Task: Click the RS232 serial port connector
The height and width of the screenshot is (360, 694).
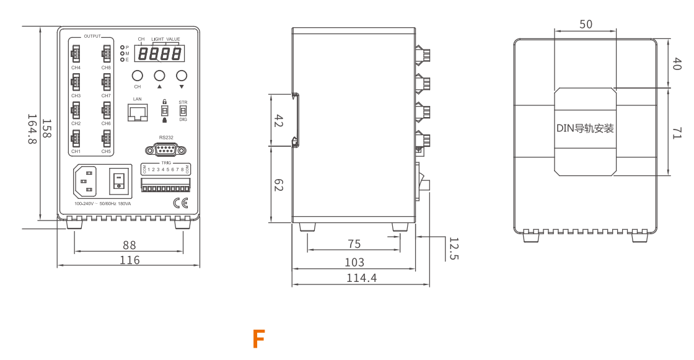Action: (x=161, y=149)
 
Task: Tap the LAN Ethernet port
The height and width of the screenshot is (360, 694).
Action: (x=138, y=112)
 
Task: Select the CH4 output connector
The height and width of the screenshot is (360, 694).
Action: (x=76, y=55)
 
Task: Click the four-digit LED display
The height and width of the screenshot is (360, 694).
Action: (x=159, y=54)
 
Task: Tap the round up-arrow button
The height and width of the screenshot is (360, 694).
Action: (x=159, y=76)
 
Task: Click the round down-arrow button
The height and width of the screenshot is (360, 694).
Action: (x=182, y=76)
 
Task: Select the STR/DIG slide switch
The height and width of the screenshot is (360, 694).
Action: (x=183, y=110)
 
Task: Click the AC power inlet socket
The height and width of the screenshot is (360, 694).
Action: (x=87, y=182)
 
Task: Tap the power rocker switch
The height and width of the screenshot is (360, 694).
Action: (x=120, y=181)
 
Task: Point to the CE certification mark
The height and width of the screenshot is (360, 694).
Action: (x=181, y=203)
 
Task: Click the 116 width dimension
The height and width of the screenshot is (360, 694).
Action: (x=130, y=260)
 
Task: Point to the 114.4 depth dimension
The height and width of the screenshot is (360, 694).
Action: (x=361, y=278)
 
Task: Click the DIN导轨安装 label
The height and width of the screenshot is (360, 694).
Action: (x=585, y=128)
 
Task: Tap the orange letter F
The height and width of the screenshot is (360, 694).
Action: (x=259, y=340)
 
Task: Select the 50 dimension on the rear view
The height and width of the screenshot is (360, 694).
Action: (x=586, y=24)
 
